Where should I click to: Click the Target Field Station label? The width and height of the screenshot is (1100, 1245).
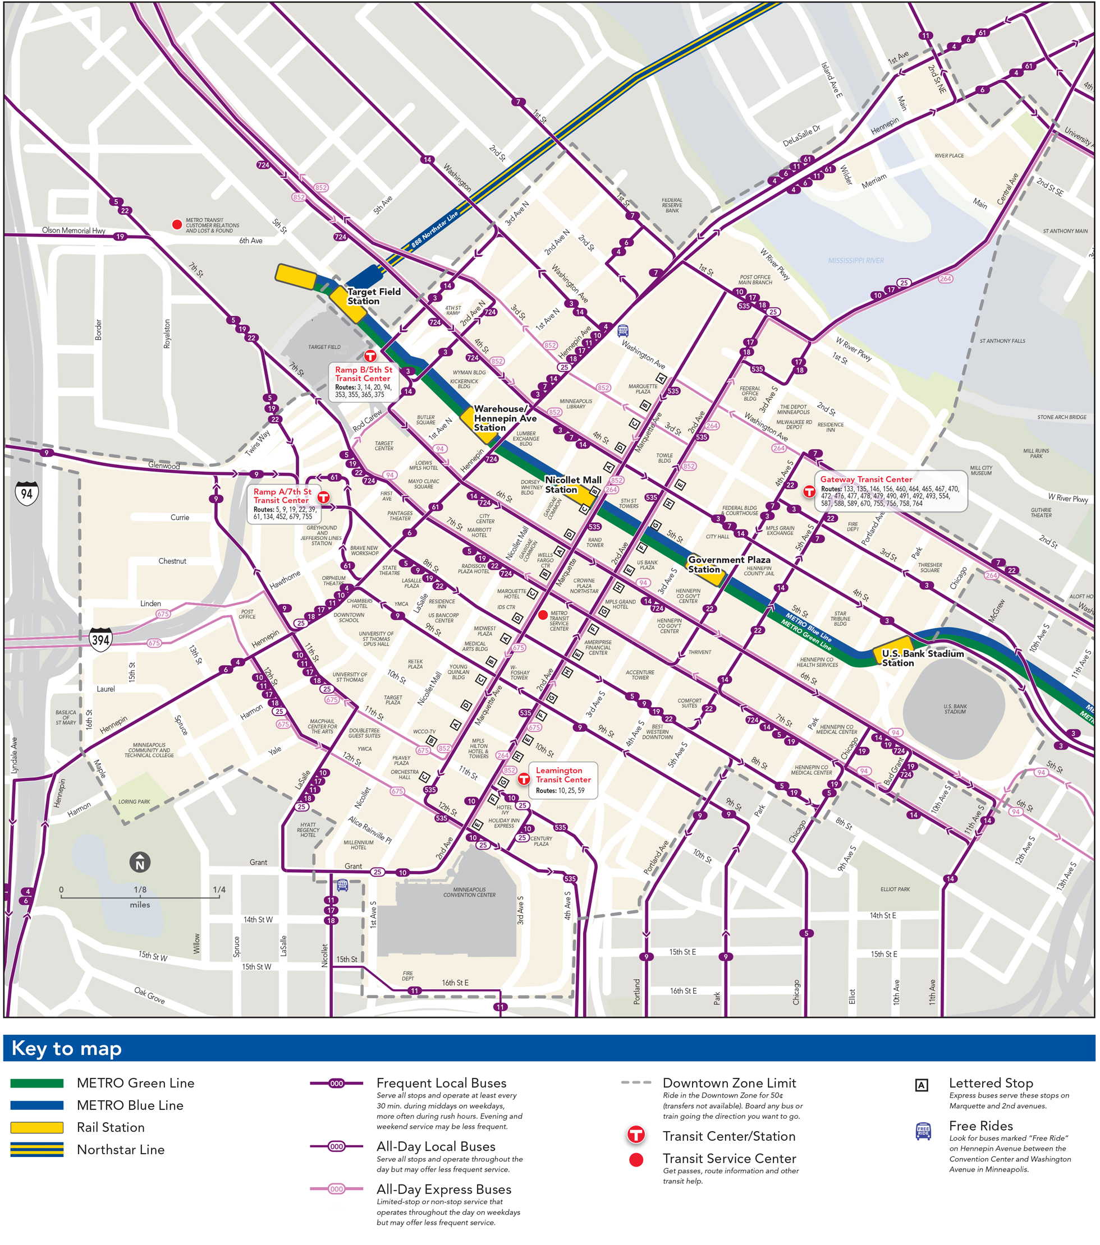(374, 297)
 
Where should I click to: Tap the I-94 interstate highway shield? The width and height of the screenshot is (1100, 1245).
(27, 494)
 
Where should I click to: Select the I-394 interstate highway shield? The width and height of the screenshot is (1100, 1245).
(100, 639)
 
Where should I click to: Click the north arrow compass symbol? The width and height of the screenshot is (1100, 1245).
(140, 863)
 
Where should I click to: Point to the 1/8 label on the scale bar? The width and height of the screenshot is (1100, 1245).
(140, 890)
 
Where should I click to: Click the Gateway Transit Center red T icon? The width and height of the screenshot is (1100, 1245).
(809, 491)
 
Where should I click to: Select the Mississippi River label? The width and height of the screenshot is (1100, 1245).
(856, 261)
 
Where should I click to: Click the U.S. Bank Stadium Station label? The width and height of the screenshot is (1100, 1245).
(922, 658)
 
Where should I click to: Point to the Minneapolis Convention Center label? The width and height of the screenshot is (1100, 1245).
(469, 892)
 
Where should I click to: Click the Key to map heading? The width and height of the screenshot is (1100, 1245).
(66, 1048)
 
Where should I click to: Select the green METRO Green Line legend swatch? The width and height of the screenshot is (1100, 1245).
(37, 1083)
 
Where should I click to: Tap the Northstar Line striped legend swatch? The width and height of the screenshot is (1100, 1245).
(37, 1149)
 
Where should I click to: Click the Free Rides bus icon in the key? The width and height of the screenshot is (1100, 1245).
(923, 1131)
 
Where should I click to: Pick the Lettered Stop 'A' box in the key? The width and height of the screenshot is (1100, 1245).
(922, 1085)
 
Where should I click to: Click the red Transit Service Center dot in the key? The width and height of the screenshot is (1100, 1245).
(636, 1160)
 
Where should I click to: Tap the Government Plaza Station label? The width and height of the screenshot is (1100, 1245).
(728, 564)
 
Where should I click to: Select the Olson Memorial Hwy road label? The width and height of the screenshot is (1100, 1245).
(73, 230)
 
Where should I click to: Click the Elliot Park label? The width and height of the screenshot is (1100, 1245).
(895, 889)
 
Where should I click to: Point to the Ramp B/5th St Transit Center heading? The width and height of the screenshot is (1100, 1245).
(363, 374)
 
